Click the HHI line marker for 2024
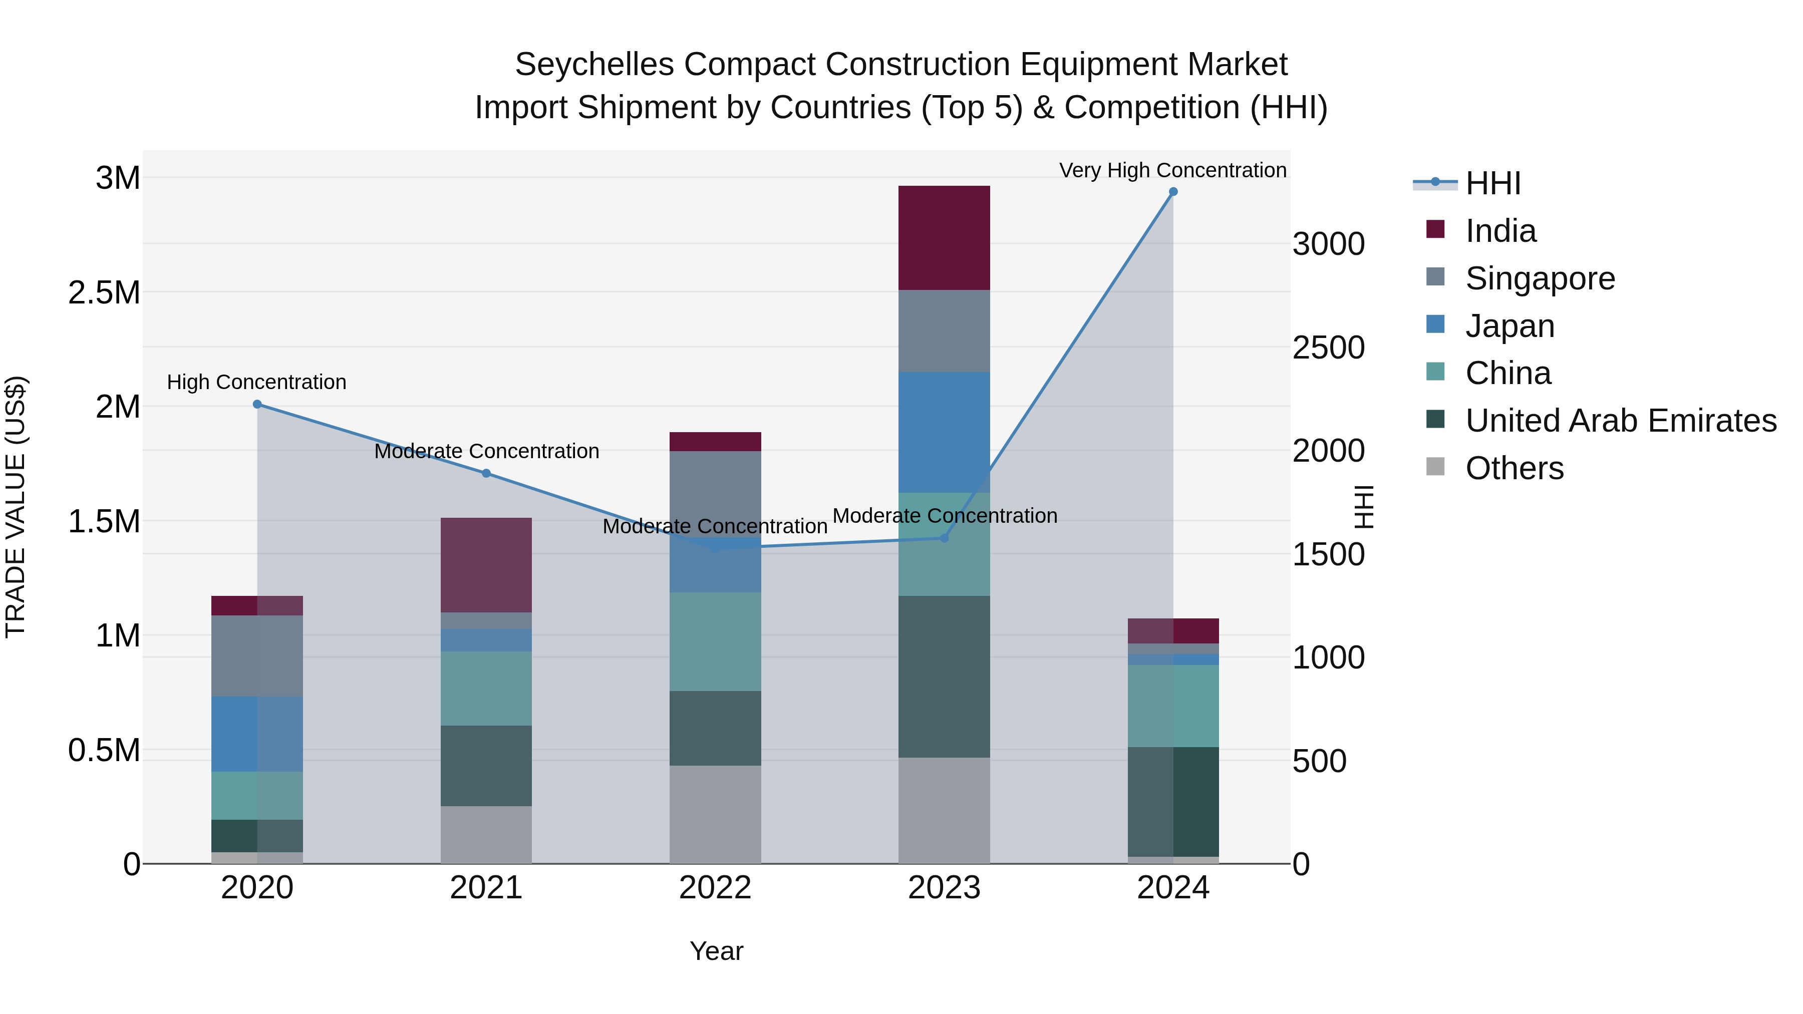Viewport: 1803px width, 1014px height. tap(1173, 192)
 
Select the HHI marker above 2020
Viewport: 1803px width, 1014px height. tap(257, 405)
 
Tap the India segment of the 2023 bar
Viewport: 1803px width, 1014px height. tap(944, 238)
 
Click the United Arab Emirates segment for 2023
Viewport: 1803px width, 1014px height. tap(944, 676)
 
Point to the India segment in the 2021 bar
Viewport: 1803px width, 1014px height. tap(486, 565)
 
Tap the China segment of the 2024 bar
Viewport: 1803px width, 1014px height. tap(1173, 706)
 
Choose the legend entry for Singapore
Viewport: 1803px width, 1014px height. tap(1540, 278)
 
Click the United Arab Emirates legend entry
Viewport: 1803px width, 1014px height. tap(1620, 421)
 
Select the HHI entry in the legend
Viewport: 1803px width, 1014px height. tap(1492, 183)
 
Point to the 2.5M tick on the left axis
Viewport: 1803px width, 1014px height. tap(104, 292)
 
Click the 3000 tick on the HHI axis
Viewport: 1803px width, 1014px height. tap(1328, 244)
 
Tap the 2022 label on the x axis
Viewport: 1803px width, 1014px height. tap(715, 888)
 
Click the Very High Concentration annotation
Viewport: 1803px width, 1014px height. tap(1172, 170)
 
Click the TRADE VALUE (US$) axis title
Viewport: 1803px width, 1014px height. tap(16, 507)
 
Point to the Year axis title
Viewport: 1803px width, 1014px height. tap(716, 951)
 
